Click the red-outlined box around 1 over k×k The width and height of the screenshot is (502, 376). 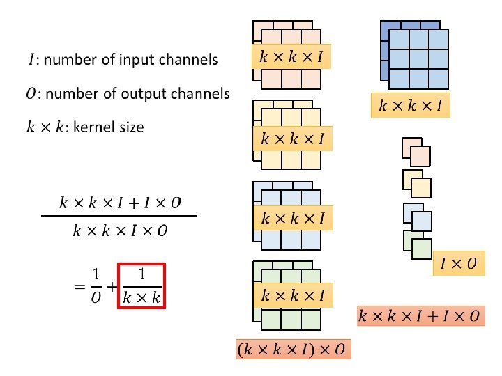click(142, 285)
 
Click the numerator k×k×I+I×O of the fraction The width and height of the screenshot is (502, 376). click(119, 203)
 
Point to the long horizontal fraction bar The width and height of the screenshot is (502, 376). click(119, 217)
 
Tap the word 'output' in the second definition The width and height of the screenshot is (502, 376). click(142, 93)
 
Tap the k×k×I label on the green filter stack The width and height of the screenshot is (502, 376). click(292, 296)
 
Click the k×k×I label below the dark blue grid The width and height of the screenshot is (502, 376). click(411, 106)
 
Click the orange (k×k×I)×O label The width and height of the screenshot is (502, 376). click(294, 348)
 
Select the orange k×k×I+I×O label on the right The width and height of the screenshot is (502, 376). click(419, 316)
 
